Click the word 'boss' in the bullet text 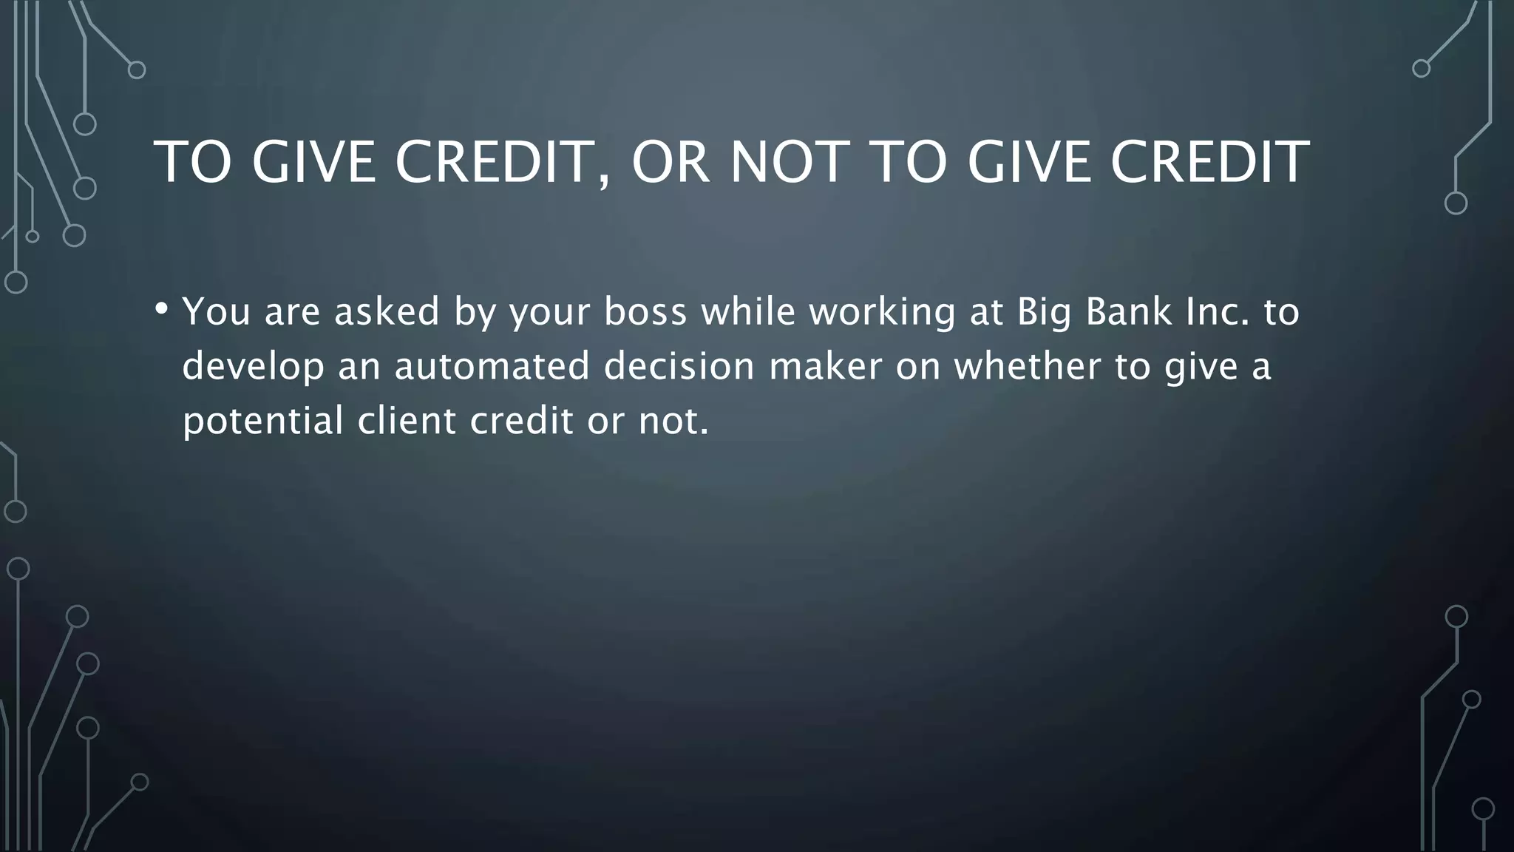645,311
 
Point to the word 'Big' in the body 1044,313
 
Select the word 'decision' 679,366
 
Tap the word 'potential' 262,422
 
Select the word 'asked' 387,311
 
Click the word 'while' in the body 748,311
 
